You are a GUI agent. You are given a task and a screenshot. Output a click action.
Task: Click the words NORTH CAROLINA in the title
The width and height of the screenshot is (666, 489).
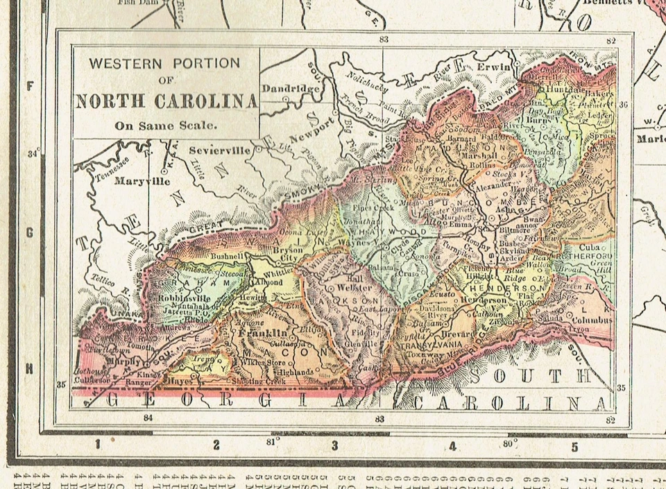166,101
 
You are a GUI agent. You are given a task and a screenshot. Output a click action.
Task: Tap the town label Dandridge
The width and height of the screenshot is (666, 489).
291,89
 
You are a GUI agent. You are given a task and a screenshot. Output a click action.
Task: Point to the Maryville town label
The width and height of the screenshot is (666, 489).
142,182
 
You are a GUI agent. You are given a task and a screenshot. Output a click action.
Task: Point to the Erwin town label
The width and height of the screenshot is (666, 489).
494,67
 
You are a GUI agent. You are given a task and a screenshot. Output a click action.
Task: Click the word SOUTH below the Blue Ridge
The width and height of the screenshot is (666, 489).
531,377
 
